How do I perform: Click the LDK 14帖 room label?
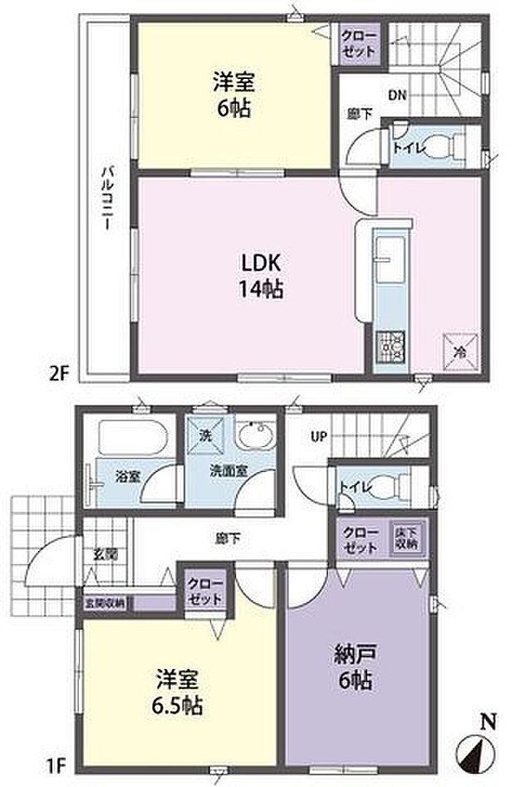pyautogui.click(x=263, y=275)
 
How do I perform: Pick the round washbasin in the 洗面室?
pyautogui.click(x=253, y=436)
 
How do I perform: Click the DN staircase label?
pyautogui.click(x=396, y=96)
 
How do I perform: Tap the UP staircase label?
pyautogui.click(x=318, y=435)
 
